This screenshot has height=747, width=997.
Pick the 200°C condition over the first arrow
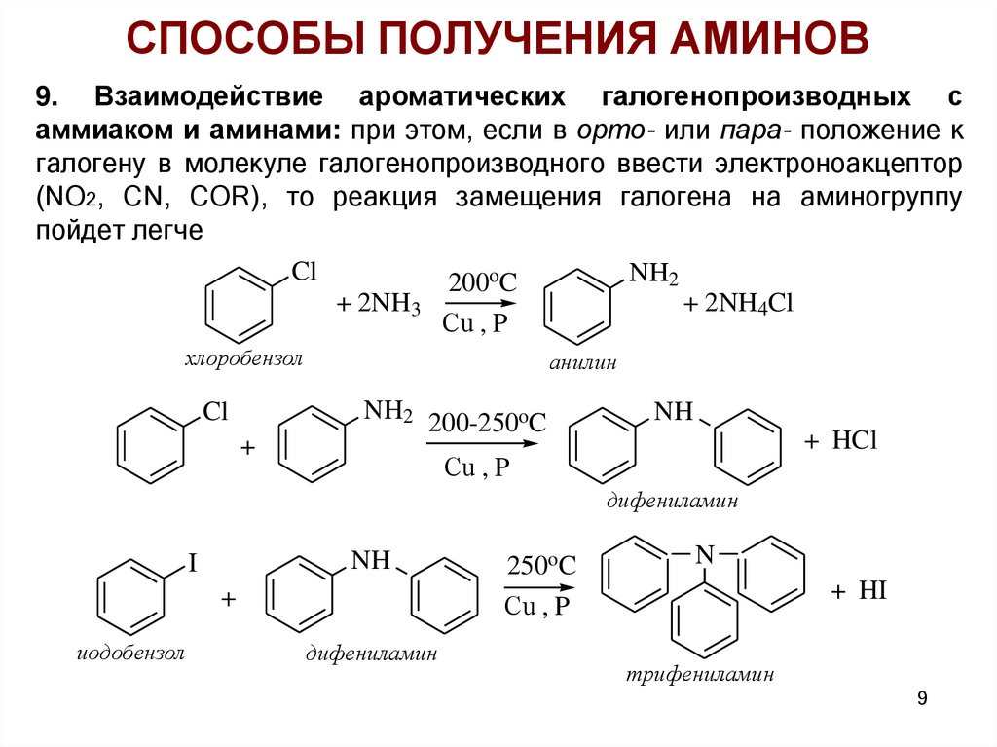(x=482, y=283)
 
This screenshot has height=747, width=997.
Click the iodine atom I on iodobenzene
(x=192, y=564)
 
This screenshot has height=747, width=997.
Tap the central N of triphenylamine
(x=704, y=554)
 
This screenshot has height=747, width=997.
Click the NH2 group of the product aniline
(x=653, y=275)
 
